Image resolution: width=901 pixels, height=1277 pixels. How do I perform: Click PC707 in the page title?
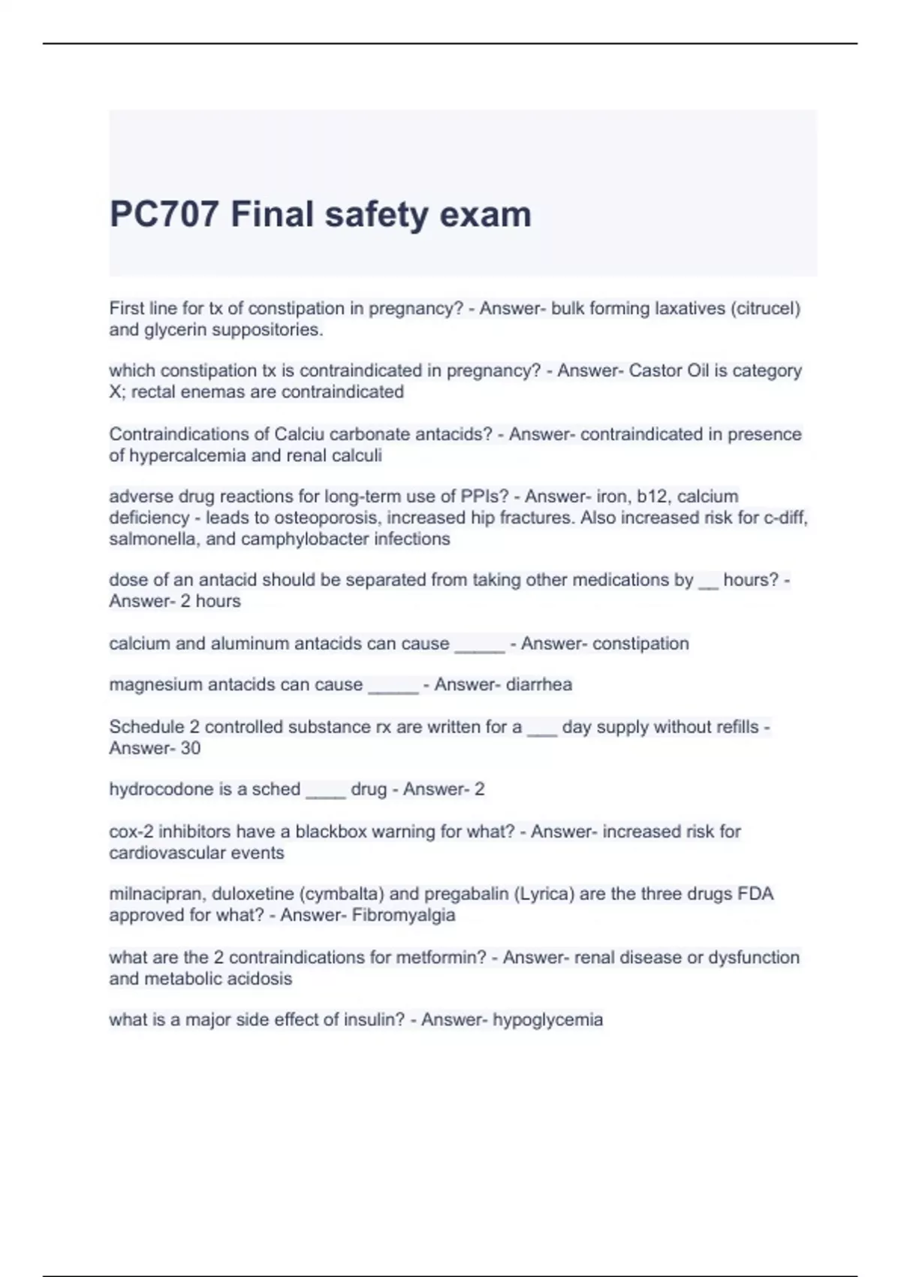click(164, 214)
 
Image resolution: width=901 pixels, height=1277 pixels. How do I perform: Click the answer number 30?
click(190, 748)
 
